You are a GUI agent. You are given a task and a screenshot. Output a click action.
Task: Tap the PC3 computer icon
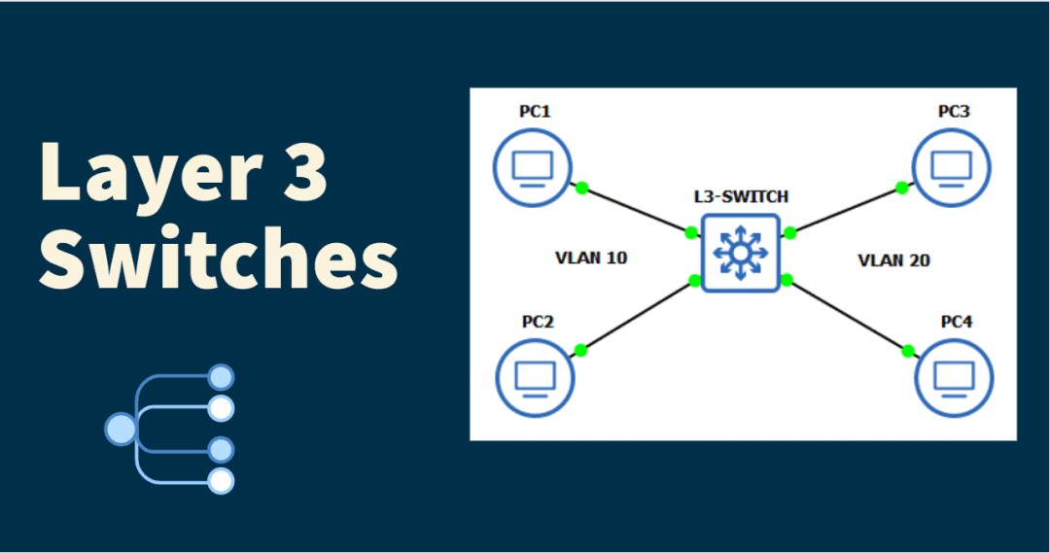pyautogui.click(x=952, y=168)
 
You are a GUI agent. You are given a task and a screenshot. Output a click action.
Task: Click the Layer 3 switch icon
pyautogui.click(x=741, y=254)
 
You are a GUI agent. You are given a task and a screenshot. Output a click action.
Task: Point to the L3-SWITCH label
pyautogui.click(x=741, y=196)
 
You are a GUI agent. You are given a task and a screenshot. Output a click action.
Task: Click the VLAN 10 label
pyautogui.click(x=591, y=259)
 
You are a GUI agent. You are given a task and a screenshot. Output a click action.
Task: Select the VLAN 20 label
pyautogui.click(x=893, y=259)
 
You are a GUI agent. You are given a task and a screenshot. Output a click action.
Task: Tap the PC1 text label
pyautogui.click(x=535, y=112)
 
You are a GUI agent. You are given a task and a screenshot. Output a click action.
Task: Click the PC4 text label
pyautogui.click(x=956, y=322)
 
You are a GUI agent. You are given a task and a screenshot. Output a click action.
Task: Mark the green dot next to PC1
pyautogui.click(x=581, y=188)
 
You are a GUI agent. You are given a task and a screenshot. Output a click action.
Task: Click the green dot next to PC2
pyautogui.click(x=580, y=350)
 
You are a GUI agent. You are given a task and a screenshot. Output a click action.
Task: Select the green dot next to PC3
pyautogui.click(x=902, y=188)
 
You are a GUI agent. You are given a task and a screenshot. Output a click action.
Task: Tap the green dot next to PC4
pyautogui.click(x=908, y=351)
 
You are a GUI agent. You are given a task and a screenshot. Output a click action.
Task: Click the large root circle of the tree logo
pyautogui.click(x=120, y=429)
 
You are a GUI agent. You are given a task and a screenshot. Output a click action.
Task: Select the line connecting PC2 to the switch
pyautogui.click(x=637, y=316)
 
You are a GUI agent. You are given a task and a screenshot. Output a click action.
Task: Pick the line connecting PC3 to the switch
pyautogui.click(x=846, y=210)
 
